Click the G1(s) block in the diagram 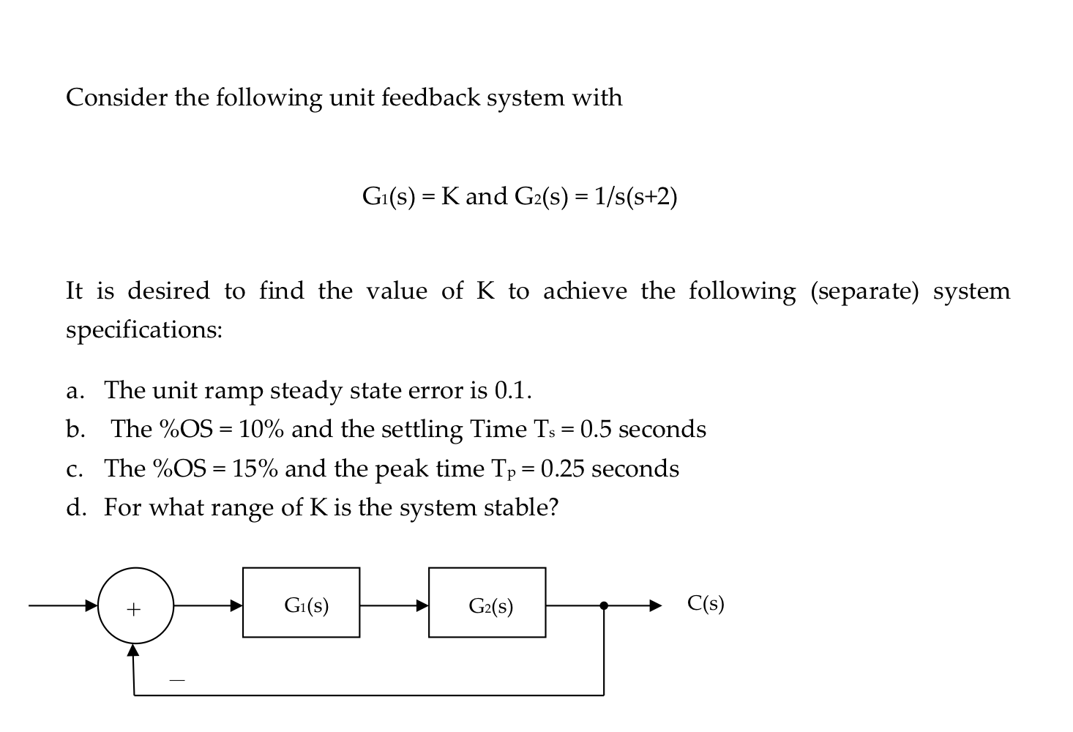pos(301,602)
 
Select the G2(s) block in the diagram pos(487,602)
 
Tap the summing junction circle pos(135,605)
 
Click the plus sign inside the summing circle pos(133,609)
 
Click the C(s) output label pos(706,603)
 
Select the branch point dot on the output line pos(603,605)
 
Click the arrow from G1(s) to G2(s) pos(394,605)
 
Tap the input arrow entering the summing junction pos(63,605)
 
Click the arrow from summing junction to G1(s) pos(208,605)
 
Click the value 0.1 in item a pos(512,390)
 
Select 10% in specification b pos(261,429)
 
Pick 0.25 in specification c pos(562,468)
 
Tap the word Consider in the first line pos(116,97)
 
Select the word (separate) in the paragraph pos(864,291)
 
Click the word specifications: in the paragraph pos(144,330)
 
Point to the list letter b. pos(75,429)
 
